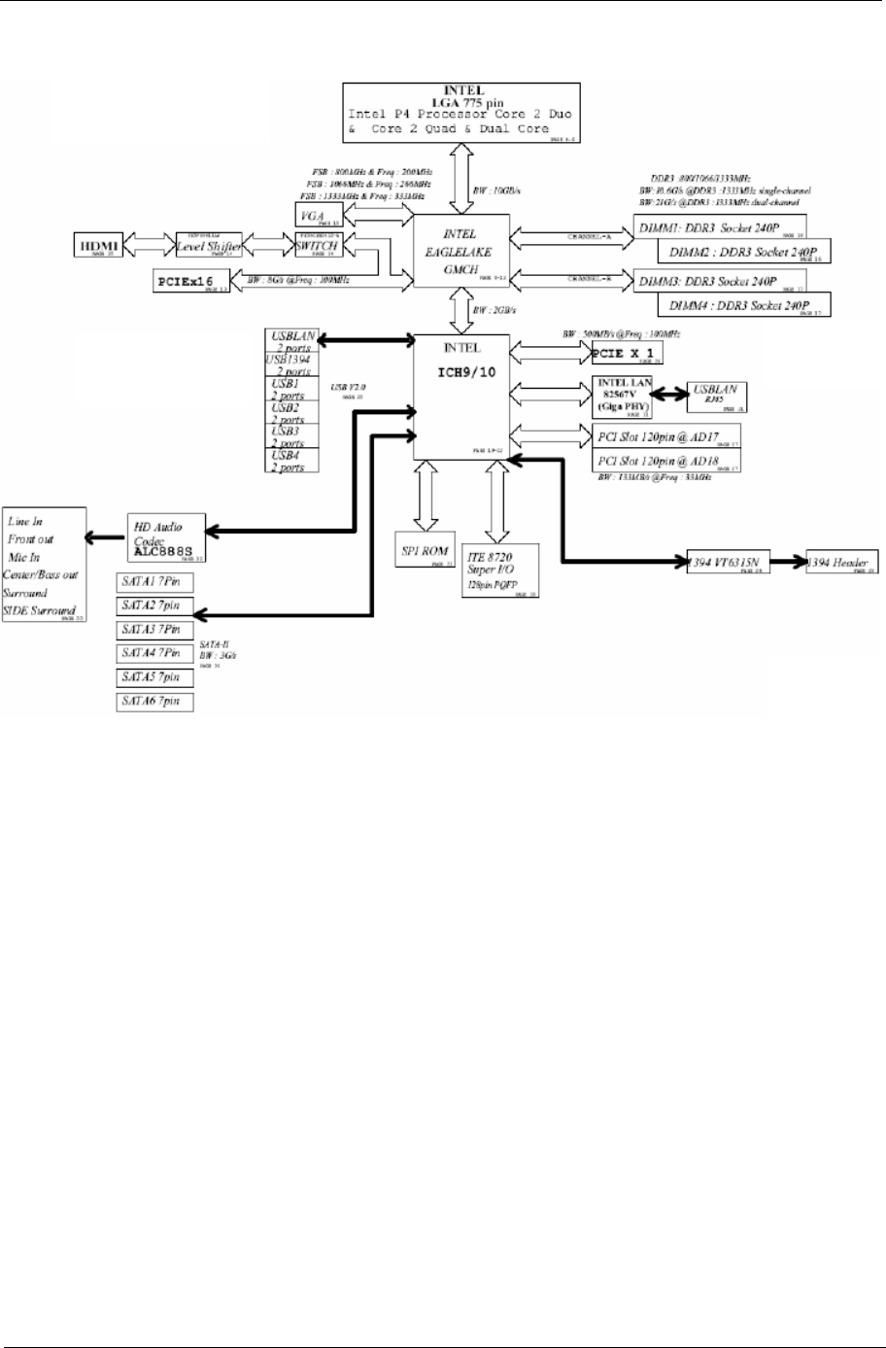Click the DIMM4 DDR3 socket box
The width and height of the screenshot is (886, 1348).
749,305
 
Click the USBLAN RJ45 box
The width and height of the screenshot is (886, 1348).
716,394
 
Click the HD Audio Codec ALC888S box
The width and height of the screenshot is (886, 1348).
168,536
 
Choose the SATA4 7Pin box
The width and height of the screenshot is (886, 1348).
153,653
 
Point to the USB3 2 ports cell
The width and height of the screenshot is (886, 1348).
290,436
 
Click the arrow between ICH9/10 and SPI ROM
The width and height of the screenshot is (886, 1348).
426,496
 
